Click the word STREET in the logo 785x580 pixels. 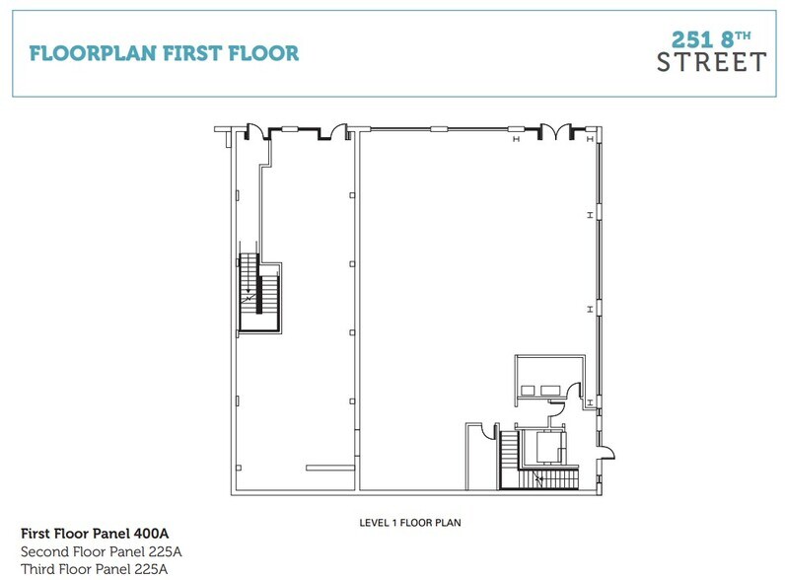pyautogui.click(x=711, y=62)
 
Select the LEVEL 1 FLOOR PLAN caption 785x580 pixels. pyautogui.click(x=410, y=524)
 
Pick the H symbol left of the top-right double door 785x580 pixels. pyautogui.click(x=515, y=139)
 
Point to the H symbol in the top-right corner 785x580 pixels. pyautogui.click(x=589, y=139)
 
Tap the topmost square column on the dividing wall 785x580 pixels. pyautogui.click(x=352, y=195)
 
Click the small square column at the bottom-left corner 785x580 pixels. pyautogui.click(x=237, y=466)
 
